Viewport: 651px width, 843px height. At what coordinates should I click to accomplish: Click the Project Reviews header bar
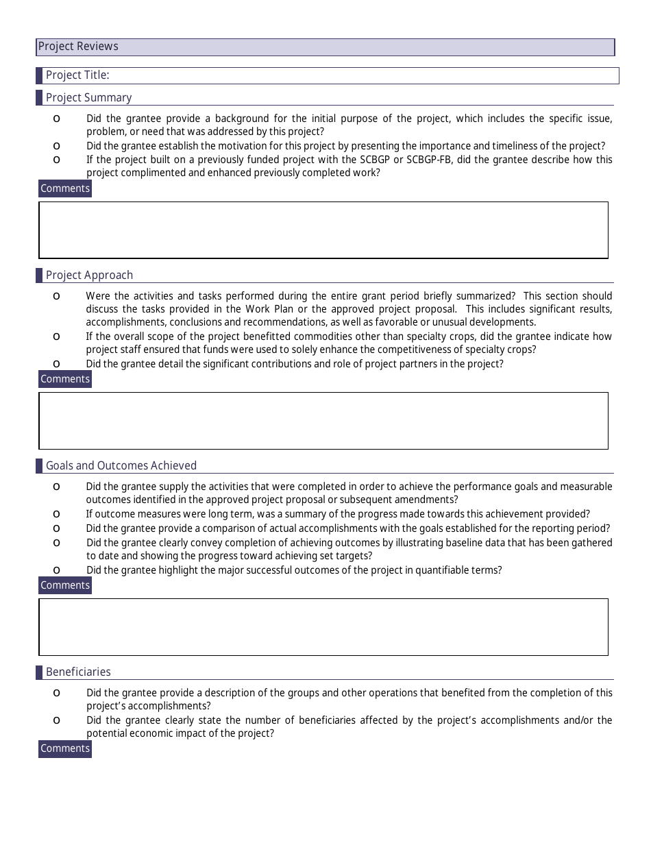tap(325, 47)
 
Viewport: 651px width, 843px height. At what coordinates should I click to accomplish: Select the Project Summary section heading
tap(88, 97)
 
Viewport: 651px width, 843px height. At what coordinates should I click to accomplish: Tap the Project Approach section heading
tap(89, 275)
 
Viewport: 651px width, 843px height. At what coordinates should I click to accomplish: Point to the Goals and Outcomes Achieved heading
tap(121, 465)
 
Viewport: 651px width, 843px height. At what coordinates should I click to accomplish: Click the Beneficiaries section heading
tap(78, 672)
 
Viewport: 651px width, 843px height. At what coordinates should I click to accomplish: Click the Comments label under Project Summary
tap(65, 188)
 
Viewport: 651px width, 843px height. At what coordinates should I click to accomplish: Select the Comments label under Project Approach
tap(65, 379)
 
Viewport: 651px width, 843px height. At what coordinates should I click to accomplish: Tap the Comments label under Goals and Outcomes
tap(65, 585)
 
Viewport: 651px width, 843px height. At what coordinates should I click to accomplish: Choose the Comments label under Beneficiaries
tap(65, 748)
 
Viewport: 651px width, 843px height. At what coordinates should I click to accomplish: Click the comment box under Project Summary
tap(323, 230)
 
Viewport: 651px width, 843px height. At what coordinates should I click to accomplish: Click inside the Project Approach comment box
tap(323, 420)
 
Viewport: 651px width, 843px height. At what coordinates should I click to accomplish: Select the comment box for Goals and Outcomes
tap(323, 626)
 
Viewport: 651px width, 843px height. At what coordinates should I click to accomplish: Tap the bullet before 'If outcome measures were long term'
tap(56, 514)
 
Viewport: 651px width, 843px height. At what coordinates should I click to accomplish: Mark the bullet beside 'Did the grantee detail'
tap(56, 364)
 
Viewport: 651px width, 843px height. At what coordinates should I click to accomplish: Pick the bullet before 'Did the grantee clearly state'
tap(56, 720)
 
